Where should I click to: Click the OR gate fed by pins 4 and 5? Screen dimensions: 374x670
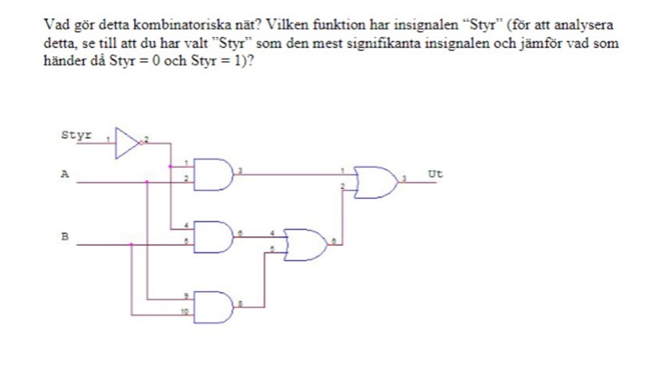[x=307, y=242]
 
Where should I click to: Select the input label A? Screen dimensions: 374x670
[x=64, y=174]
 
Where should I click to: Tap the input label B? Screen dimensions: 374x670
[x=64, y=237]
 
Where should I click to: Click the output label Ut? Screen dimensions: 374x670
[x=435, y=174]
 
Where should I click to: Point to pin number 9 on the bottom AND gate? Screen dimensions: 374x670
[x=186, y=294]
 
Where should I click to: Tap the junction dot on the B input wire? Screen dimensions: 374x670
[x=132, y=244]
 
